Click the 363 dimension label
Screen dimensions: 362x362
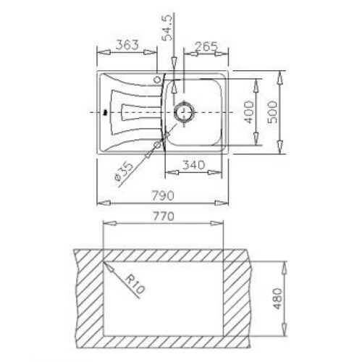(x=127, y=45)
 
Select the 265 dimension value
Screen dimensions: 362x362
(x=206, y=46)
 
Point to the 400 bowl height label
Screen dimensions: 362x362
(x=249, y=112)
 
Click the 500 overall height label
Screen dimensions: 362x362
(x=273, y=112)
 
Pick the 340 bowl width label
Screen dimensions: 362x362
(x=193, y=165)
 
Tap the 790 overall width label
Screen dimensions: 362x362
(x=163, y=195)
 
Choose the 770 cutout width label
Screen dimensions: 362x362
(x=163, y=216)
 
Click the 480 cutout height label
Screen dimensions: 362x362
(x=278, y=298)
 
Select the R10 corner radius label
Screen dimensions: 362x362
(x=135, y=285)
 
